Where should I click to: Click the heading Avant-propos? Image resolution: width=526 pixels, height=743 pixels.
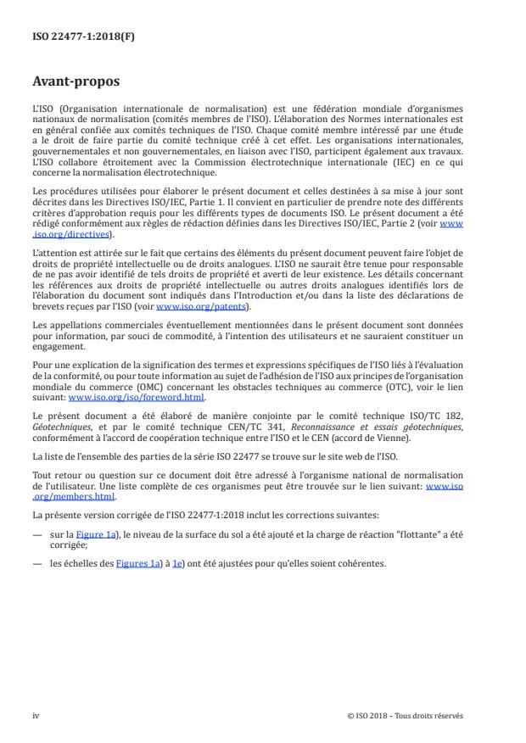click(x=76, y=82)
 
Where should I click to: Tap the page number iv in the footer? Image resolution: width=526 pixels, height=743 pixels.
click(x=36, y=715)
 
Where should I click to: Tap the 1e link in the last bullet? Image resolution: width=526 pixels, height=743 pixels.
click(x=176, y=540)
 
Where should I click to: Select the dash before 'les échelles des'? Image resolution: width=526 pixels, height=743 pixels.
click(x=36, y=540)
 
